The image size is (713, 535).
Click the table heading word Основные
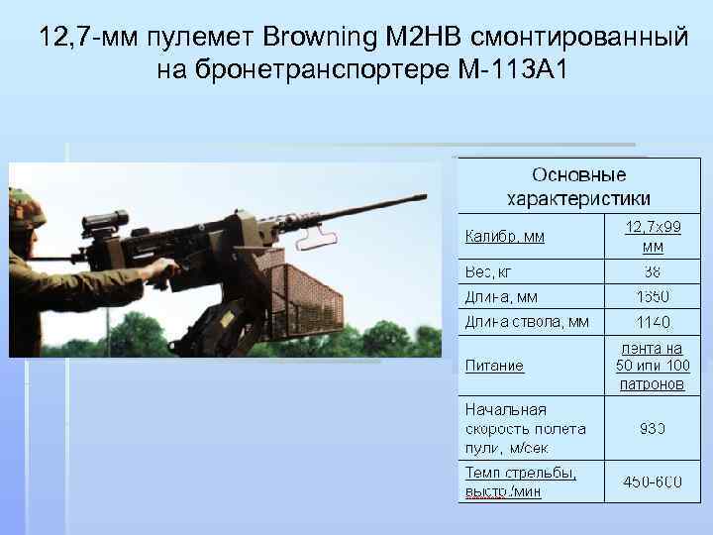578,175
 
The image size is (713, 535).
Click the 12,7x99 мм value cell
653,237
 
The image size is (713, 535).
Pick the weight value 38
653,271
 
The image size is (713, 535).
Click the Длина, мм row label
502,296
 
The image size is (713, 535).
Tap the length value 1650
653,296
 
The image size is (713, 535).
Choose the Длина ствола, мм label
527,321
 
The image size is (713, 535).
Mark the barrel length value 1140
653,322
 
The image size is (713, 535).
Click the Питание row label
494,366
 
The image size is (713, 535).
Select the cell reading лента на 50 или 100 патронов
653,366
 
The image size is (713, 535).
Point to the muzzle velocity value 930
653,428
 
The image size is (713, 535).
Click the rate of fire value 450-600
653,481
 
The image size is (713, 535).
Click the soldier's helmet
26,208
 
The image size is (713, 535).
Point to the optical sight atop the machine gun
105,221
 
